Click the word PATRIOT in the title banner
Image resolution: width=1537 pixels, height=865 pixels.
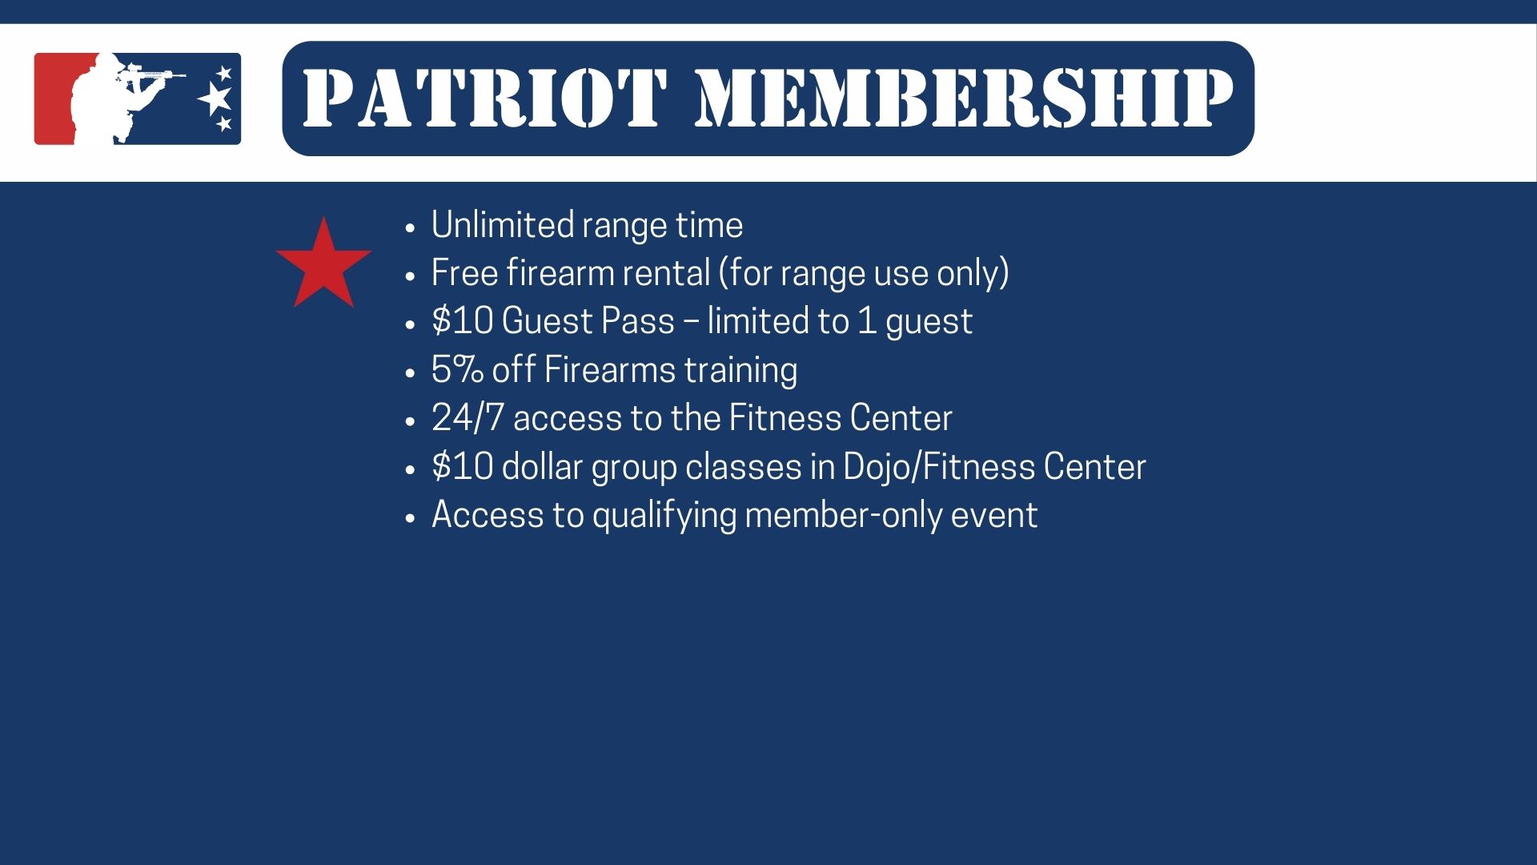(x=484, y=99)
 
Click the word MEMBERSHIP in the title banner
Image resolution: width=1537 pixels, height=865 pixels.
(x=964, y=99)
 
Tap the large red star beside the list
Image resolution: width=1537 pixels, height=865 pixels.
(x=323, y=263)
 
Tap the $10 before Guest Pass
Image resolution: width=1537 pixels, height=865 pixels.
(x=462, y=321)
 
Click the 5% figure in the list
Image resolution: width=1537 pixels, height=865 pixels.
(x=457, y=370)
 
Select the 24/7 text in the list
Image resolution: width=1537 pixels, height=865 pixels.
(x=468, y=418)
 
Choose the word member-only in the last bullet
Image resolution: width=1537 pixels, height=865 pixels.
(x=844, y=515)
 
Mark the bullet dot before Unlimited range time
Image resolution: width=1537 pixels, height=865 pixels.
(x=411, y=228)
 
